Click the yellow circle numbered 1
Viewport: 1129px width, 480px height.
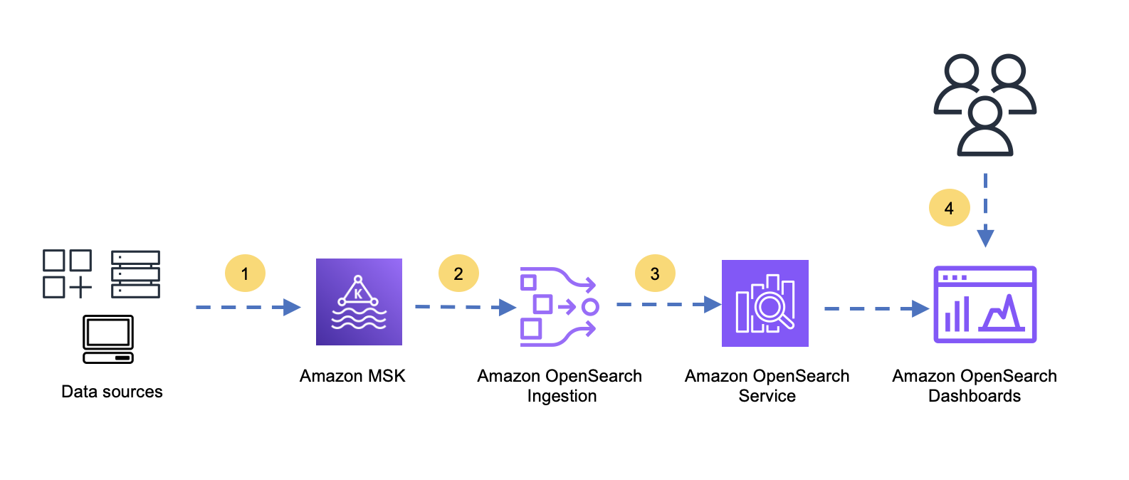[245, 273]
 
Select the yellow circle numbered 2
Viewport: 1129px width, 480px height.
[458, 273]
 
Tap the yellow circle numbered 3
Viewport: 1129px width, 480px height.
[655, 273]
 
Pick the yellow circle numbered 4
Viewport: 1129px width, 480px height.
[950, 208]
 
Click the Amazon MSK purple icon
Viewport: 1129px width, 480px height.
[359, 302]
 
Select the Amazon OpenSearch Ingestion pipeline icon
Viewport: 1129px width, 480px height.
[560, 306]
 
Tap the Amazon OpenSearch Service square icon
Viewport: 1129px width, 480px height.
[765, 303]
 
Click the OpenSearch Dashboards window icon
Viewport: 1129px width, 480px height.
[985, 305]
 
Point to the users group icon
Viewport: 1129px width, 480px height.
[985, 105]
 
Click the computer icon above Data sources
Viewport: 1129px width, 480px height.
[108, 339]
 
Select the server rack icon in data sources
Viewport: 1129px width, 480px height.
[135, 274]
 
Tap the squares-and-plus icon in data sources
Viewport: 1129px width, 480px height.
[67, 273]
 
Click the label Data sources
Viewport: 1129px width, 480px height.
[112, 392]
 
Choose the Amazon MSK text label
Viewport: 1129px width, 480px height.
[352, 376]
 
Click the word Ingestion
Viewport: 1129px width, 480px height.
[562, 397]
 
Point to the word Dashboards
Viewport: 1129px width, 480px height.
[975, 396]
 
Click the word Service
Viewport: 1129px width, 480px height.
[767, 396]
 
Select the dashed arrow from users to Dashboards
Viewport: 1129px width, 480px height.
[985, 210]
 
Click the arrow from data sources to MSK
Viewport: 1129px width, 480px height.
[248, 307]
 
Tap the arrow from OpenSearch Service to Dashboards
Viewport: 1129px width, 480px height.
[877, 308]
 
